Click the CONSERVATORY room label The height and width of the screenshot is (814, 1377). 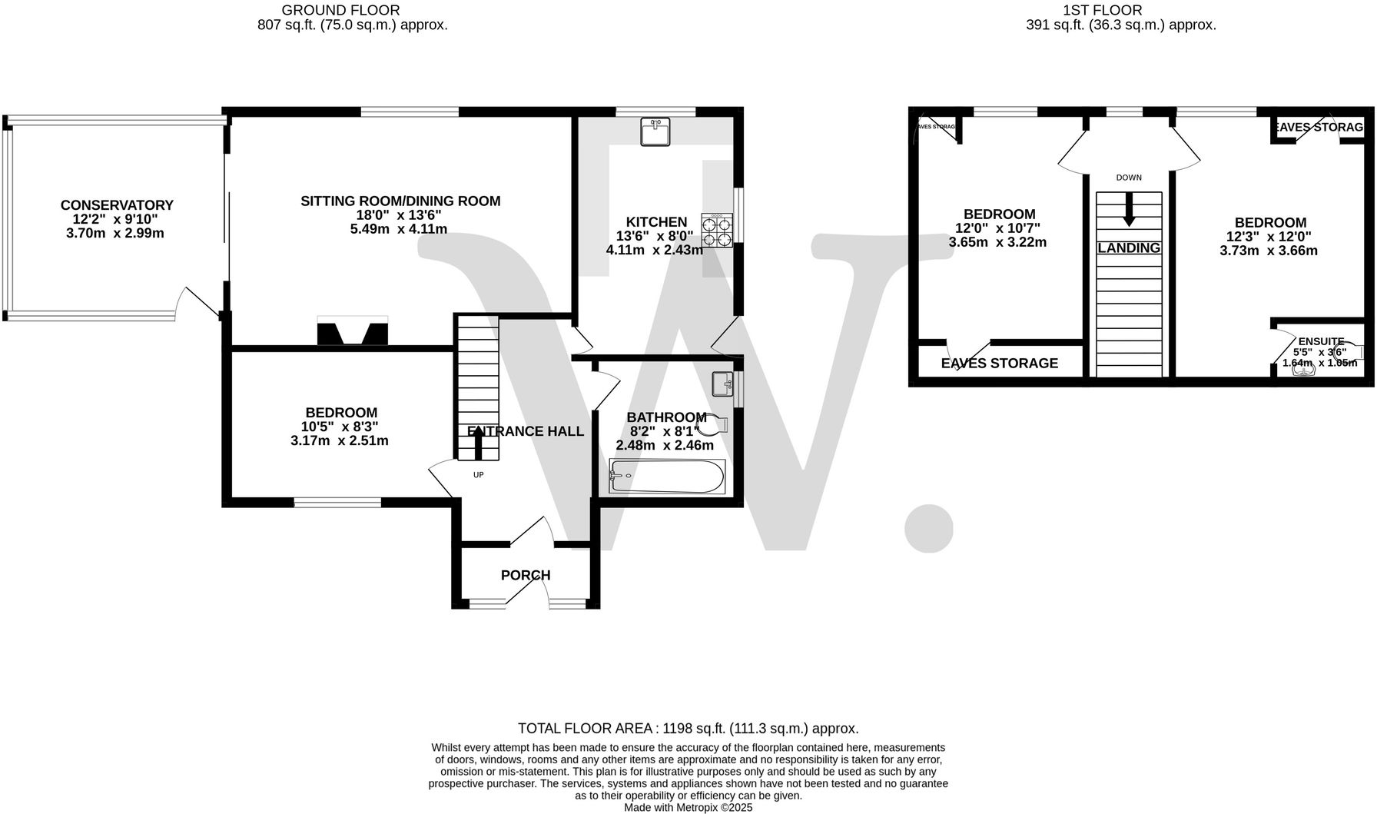click(x=117, y=205)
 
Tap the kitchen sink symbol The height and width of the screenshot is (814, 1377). click(x=655, y=131)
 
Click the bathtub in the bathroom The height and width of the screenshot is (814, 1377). click(x=666, y=477)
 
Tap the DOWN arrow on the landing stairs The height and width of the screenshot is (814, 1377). click(x=1128, y=209)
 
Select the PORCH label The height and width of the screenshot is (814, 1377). click(x=526, y=575)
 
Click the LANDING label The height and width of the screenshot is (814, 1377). click(x=1128, y=248)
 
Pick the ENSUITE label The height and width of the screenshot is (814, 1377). click(x=1321, y=341)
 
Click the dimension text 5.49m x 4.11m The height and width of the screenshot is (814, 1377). click(x=400, y=229)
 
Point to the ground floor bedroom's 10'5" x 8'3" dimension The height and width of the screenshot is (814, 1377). click(x=340, y=427)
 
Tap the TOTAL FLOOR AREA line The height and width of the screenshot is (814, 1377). click(x=688, y=728)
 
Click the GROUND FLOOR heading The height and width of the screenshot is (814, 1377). click(x=340, y=10)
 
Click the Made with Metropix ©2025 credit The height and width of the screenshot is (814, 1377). click(x=688, y=807)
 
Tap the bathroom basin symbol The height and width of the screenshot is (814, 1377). click(x=722, y=382)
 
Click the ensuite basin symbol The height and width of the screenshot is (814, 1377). click(x=1304, y=370)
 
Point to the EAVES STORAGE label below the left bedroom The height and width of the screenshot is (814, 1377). click(x=999, y=363)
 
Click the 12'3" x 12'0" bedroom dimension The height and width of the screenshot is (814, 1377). click(x=1268, y=237)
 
